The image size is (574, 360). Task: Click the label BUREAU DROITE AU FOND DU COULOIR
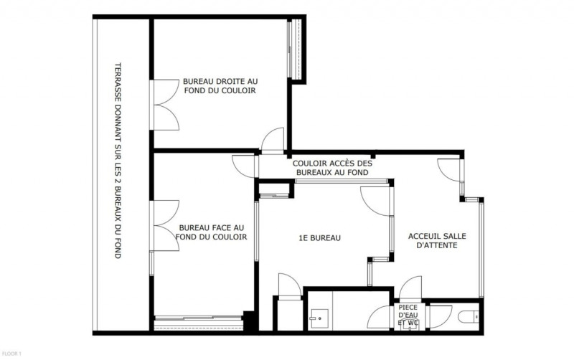coord(220,86)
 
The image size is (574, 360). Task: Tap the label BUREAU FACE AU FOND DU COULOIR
coord(212,232)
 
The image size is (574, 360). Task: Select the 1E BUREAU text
coord(319,238)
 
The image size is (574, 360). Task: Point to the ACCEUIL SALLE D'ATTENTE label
coord(433,240)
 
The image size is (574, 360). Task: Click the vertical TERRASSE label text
coord(118,160)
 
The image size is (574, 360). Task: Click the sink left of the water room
coord(316,316)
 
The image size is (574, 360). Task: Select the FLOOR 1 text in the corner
coord(12,354)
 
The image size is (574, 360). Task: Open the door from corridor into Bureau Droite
coord(273,141)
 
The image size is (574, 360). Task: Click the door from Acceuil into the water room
coord(411,287)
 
